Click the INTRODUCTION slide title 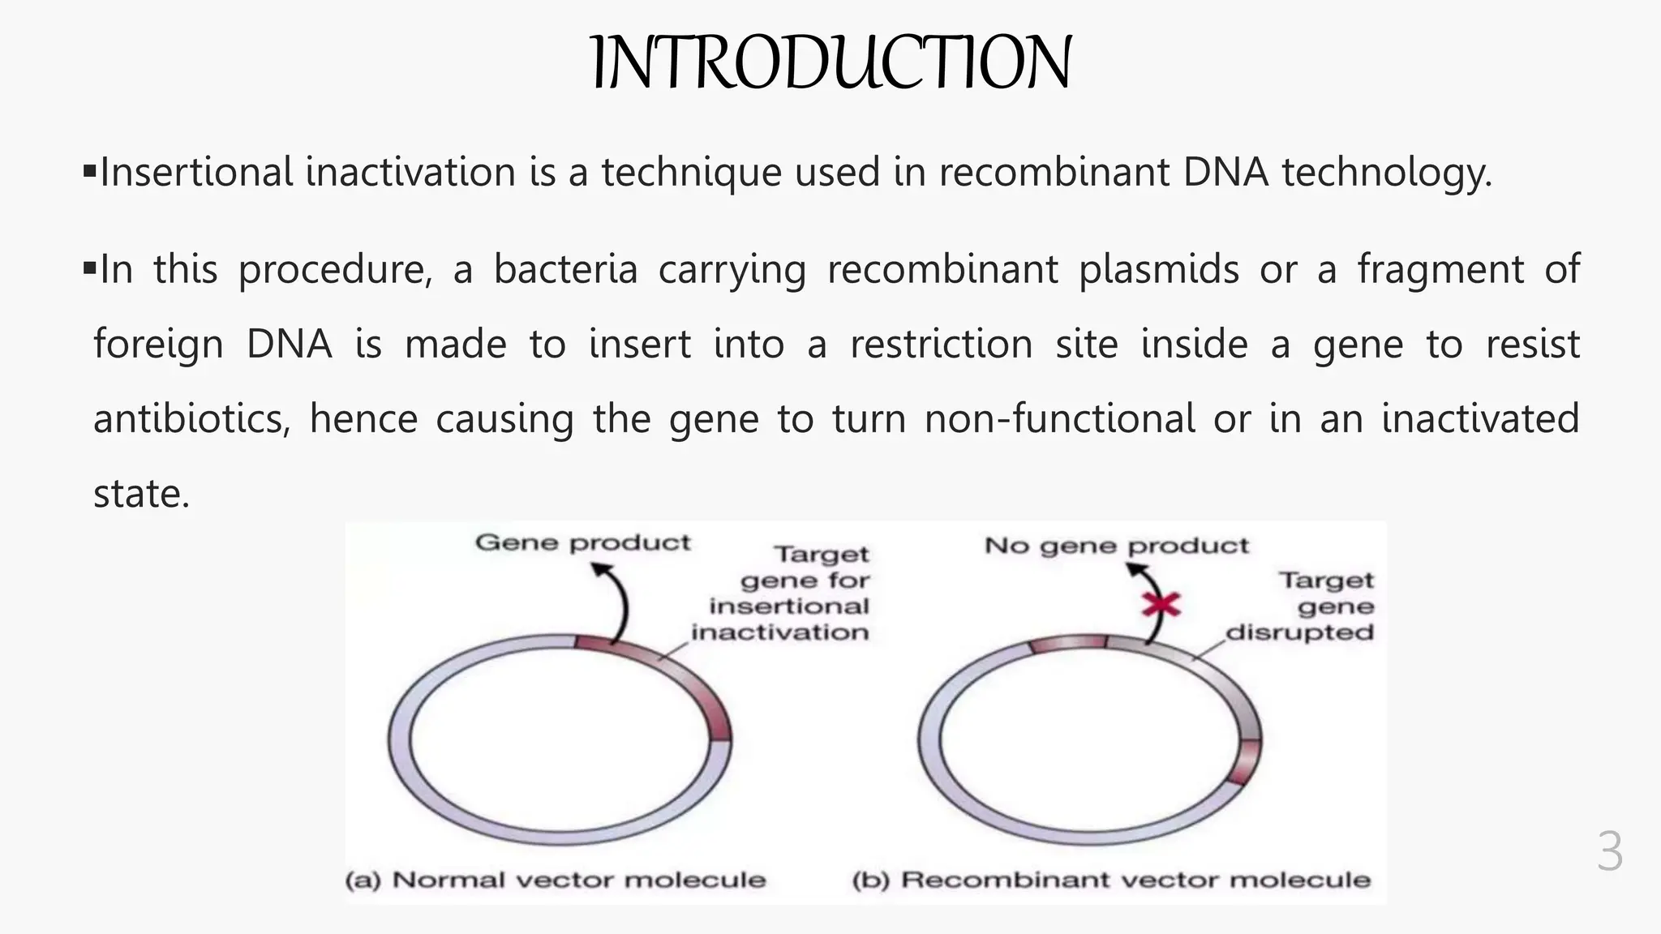pos(831,63)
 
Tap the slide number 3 pos(1609,852)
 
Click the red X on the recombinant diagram pos(1161,605)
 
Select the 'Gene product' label pos(582,542)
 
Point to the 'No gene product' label pos(1116,546)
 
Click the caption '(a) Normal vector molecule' pos(556,880)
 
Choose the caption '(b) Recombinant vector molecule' pos(1111,880)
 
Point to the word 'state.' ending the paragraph pos(142,494)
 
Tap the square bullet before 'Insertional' pos(89,171)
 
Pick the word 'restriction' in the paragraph pos(941,344)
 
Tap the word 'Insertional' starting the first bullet pos(195,173)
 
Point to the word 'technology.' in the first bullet pos(1386,173)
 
